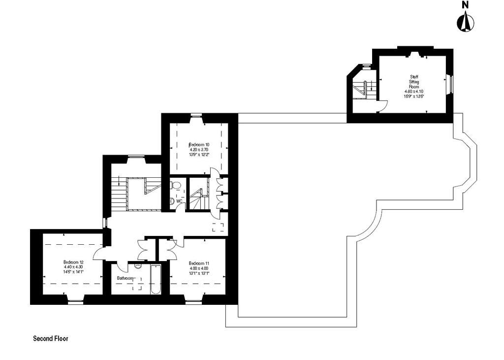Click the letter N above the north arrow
[465, 5]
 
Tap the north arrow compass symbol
[465, 22]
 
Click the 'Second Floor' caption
[51, 338]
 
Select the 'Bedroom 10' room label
[199, 145]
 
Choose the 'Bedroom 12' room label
[73, 262]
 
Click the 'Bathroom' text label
[125, 278]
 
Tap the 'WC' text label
[179, 201]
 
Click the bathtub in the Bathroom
[156, 279]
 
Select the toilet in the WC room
[176, 185]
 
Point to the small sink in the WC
[171, 201]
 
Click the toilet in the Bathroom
[138, 266]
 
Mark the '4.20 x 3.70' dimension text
[199, 150]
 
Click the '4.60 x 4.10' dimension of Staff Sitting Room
[414, 92]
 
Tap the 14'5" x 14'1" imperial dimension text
[73, 272]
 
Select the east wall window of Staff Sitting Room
[449, 84]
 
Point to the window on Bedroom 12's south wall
[75, 302]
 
